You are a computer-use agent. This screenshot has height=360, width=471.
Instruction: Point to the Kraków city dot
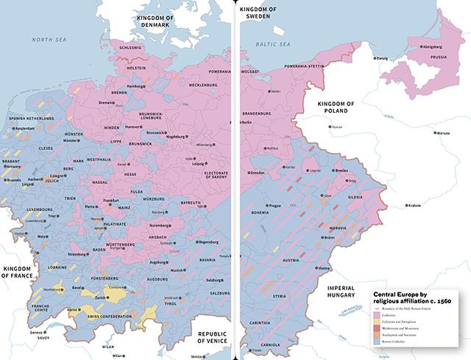[x=406, y=205]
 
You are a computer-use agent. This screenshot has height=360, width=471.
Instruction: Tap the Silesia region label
[x=355, y=197]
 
